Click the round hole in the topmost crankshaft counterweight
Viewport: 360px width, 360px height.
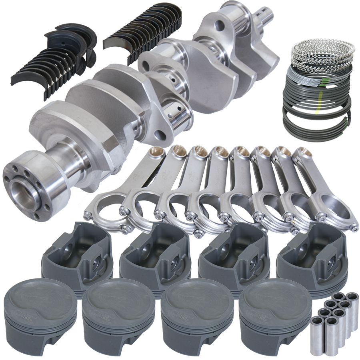[x=219, y=27]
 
